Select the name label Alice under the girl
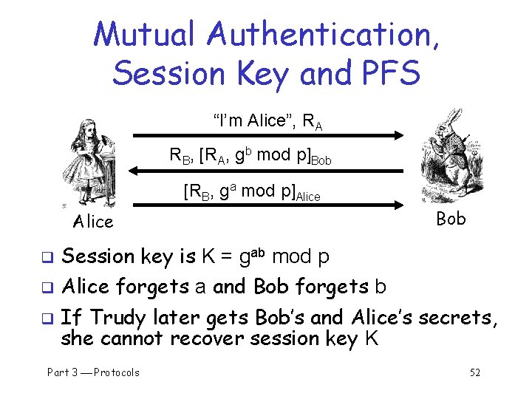click(93, 222)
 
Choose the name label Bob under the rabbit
click(451, 219)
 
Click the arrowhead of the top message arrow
click(400, 135)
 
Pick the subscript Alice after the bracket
click(306, 197)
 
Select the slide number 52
click(475, 372)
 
